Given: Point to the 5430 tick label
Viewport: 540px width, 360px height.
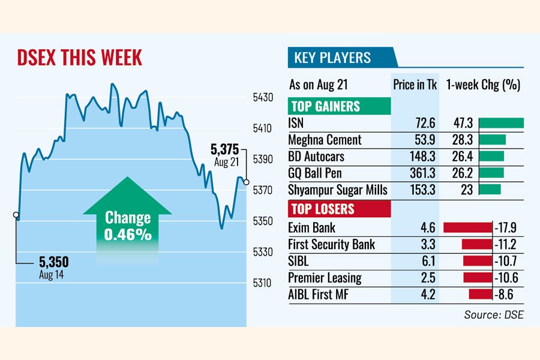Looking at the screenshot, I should coord(263,97).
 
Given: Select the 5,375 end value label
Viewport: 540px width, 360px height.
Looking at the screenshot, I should coord(225,149).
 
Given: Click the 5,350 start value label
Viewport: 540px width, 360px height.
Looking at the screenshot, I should coord(54,262).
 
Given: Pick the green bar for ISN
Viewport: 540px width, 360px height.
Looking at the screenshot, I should coord(502,124).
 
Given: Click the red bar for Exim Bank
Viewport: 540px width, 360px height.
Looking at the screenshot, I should coord(467,227).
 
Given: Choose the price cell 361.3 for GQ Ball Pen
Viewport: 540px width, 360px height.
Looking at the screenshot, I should coord(423,173).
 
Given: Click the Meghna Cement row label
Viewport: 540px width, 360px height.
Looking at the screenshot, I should coord(325,140).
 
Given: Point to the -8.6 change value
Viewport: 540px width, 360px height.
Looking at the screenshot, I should coord(506,294).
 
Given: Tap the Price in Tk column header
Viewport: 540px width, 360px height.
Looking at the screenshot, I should coord(415,85).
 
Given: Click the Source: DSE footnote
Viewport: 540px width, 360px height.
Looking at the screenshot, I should coord(493,314).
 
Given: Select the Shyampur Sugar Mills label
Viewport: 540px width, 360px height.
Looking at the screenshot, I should coord(338,190).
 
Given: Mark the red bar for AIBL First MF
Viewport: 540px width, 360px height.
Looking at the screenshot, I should coord(480,294).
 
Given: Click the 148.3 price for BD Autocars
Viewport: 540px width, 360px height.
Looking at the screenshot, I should coord(423,157).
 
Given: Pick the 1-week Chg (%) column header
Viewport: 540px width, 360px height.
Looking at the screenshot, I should coord(483,85).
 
